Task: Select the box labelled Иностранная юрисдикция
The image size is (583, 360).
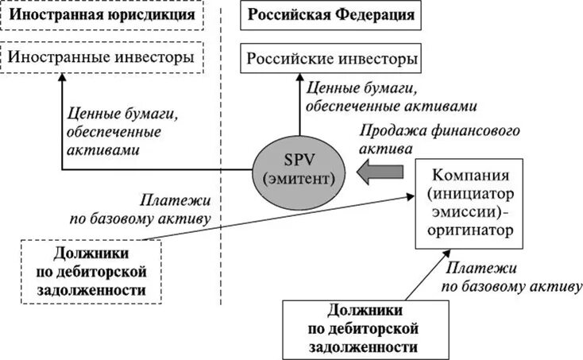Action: pyautogui.click(x=102, y=16)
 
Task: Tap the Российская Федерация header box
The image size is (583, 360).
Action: pyautogui.click(x=331, y=16)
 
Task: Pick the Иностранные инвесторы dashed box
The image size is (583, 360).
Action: pyautogui.click(x=102, y=58)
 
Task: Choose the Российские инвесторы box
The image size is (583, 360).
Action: pyautogui.click(x=331, y=60)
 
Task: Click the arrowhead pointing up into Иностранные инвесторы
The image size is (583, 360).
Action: pyautogui.click(x=62, y=82)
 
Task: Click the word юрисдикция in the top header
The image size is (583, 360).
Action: pyautogui.click(x=157, y=16)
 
